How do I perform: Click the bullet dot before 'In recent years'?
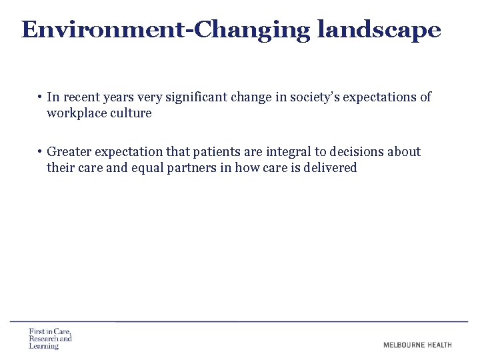tap(41, 97)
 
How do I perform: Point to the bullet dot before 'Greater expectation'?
tap(41, 152)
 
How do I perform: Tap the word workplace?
tap(75, 113)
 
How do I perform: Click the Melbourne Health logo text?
tap(417, 345)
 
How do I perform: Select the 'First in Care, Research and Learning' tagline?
tap(49, 339)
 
